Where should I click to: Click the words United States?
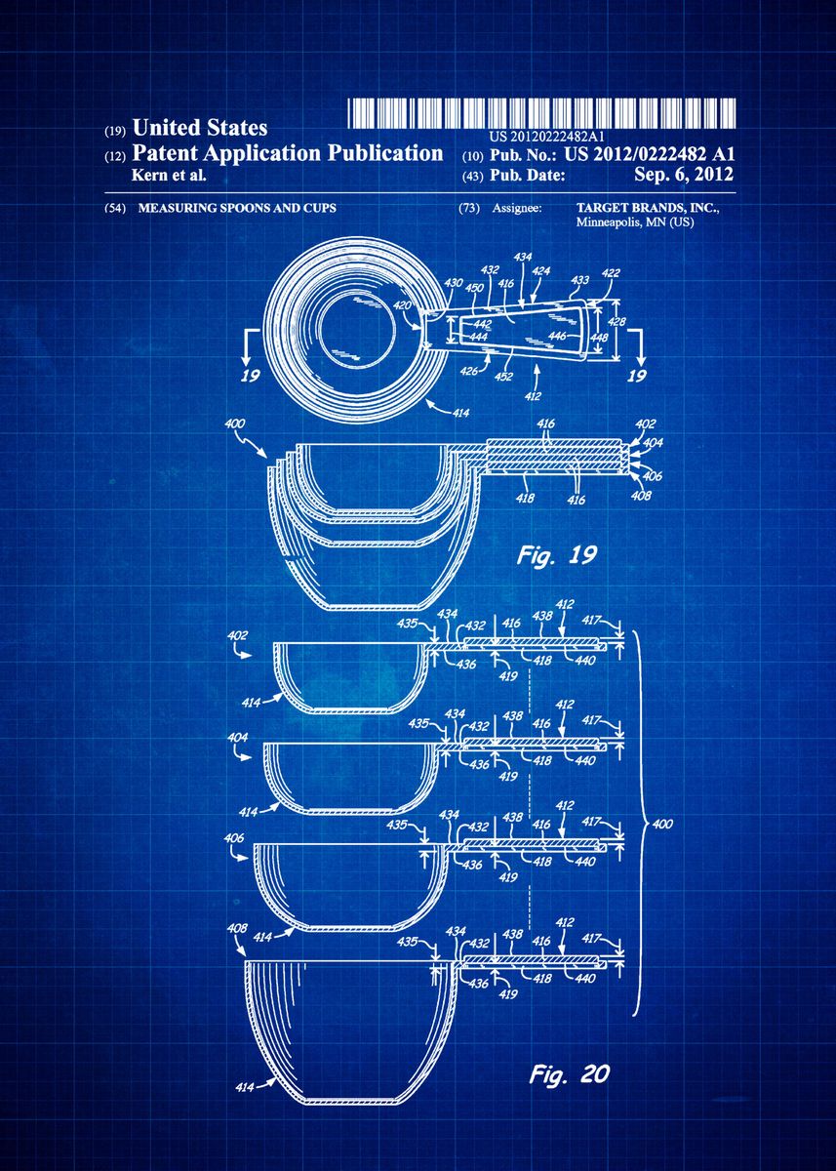pos(199,128)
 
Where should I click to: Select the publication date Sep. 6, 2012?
pos(683,175)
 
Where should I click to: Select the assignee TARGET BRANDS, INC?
pos(648,209)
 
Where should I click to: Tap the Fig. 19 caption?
pos(557,556)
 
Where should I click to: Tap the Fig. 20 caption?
pos(570,1074)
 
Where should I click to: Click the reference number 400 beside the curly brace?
pos(663,826)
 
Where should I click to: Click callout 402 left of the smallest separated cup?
pos(238,635)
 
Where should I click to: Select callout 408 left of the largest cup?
pos(237,928)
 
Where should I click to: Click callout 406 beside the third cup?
pos(235,837)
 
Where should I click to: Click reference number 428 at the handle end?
pos(617,321)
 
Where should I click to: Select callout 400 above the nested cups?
pos(235,424)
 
